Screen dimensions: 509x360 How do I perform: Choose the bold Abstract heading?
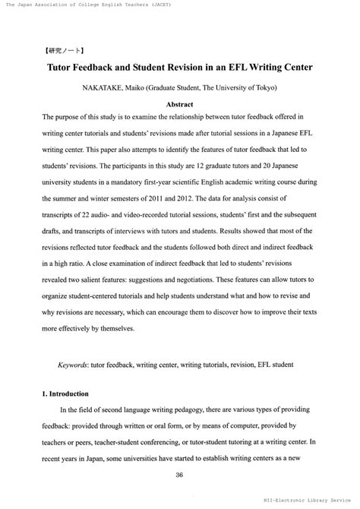coord(180,103)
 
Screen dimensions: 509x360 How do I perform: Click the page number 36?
coord(180,475)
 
